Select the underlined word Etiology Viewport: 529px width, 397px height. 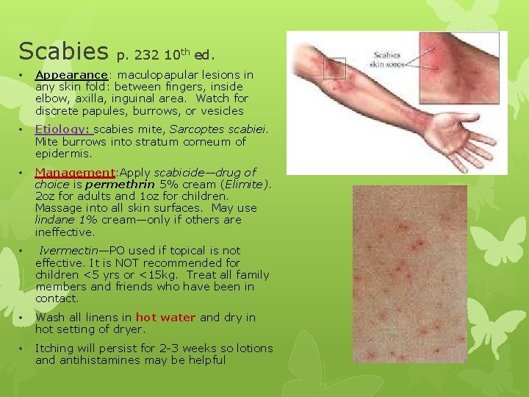tap(62, 129)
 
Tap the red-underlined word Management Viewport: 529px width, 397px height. tap(76, 172)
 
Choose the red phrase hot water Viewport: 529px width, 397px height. tap(166, 318)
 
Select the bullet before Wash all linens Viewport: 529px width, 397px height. tap(24, 318)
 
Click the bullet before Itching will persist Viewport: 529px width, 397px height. tap(24, 348)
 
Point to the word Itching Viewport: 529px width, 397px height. tap(54, 348)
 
